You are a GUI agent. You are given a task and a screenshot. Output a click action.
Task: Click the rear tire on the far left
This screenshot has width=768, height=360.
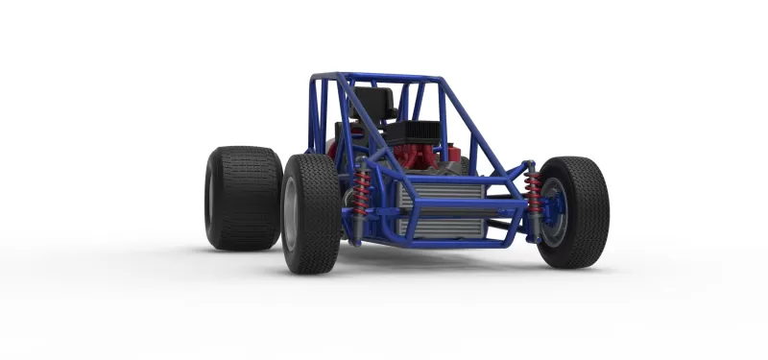[x=240, y=198]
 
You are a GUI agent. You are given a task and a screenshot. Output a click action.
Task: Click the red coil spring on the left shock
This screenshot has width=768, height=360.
[x=362, y=188]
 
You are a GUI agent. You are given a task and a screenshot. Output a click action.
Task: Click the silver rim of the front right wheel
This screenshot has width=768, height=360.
[x=556, y=213]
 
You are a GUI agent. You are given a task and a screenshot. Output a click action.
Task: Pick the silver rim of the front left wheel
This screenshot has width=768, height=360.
[x=291, y=214]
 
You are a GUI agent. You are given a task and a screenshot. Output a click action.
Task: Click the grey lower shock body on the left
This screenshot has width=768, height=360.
[x=357, y=225]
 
